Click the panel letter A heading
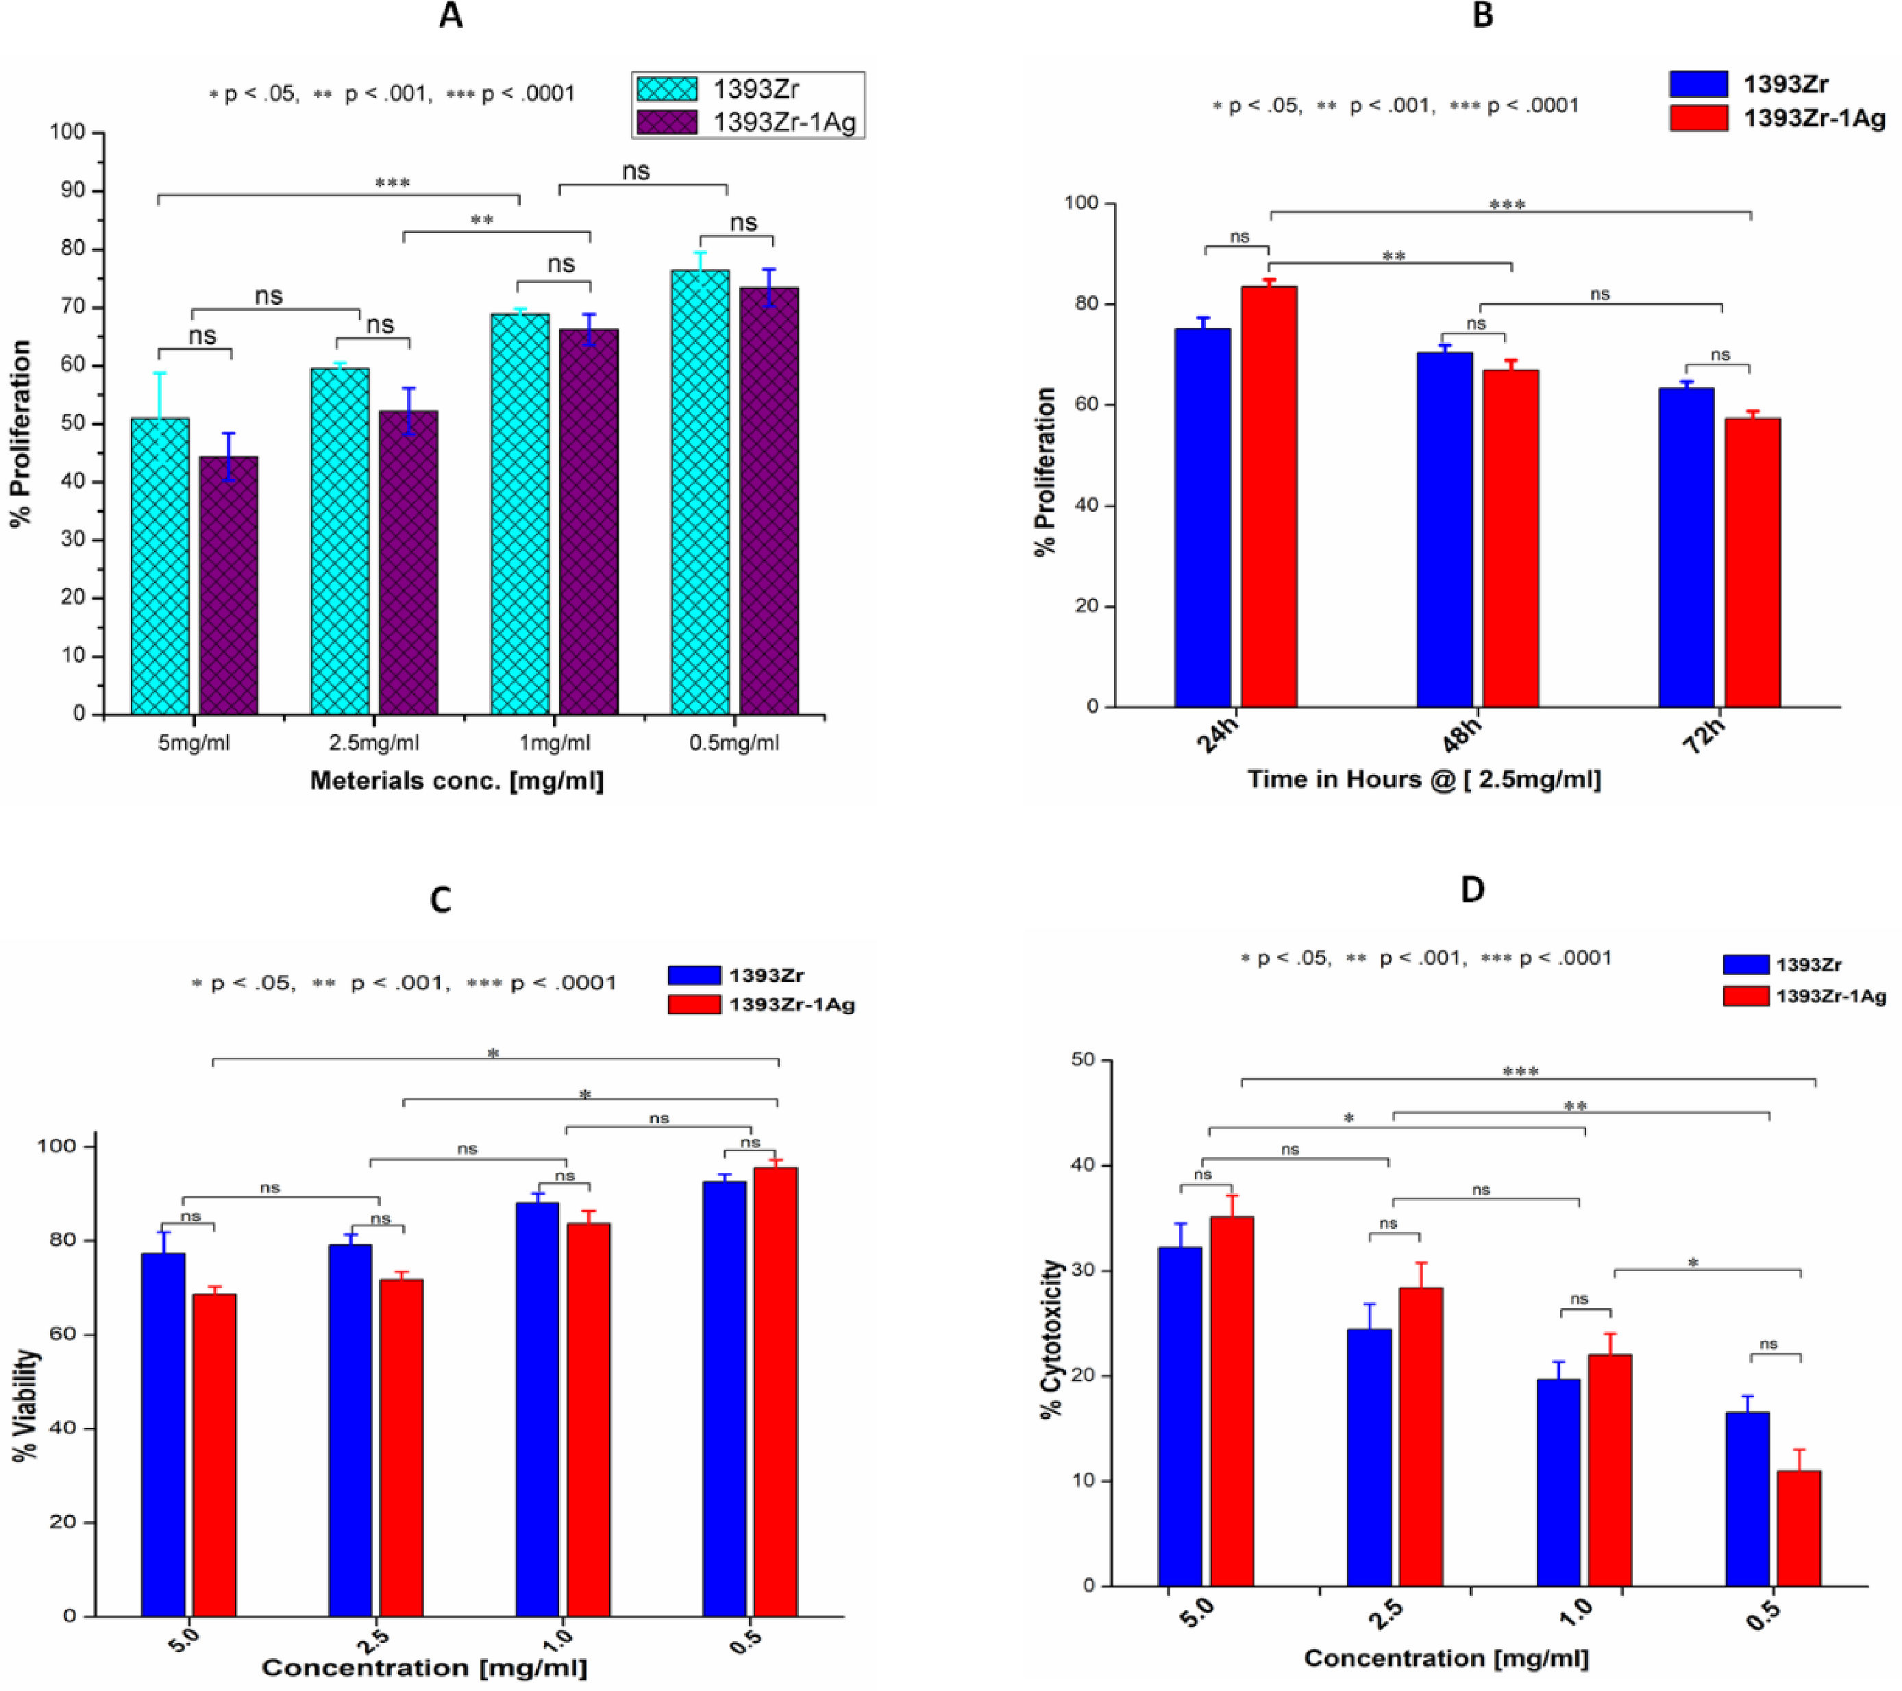(x=450, y=16)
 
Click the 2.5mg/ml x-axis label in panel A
(x=373, y=743)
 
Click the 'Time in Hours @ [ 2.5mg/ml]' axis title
(x=1424, y=779)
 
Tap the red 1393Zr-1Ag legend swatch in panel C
(x=694, y=1004)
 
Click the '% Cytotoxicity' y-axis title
(x=1052, y=1340)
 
